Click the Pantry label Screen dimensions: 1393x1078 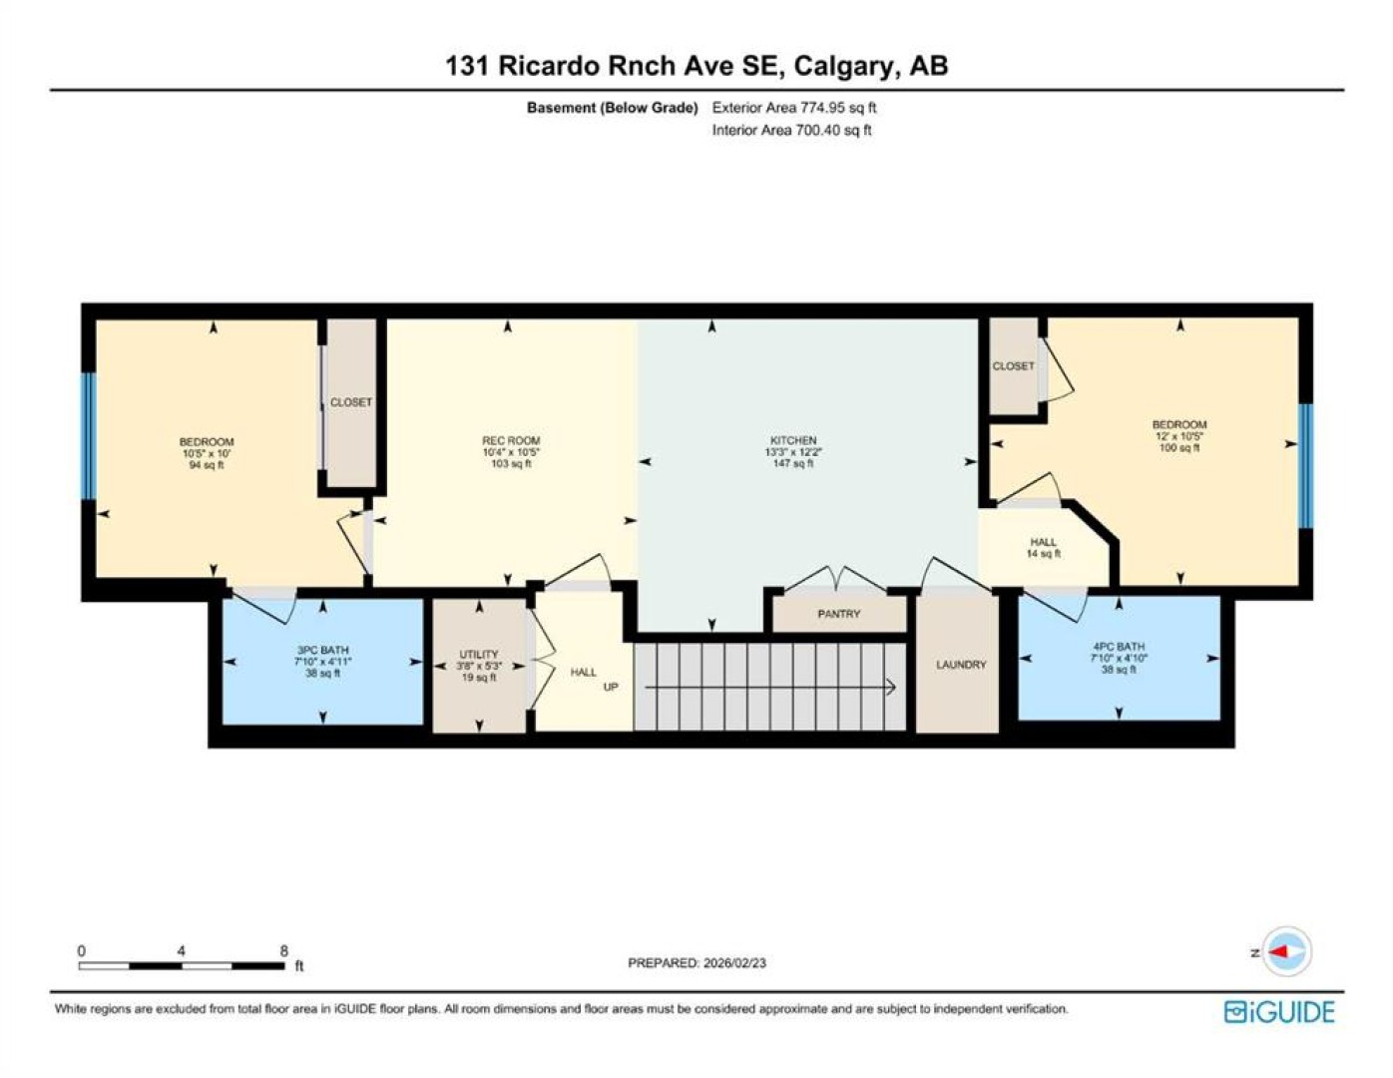[838, 614]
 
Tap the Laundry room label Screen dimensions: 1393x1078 [960, 665]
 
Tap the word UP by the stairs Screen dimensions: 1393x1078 [611, 687]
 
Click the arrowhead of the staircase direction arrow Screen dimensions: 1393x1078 [891, 688]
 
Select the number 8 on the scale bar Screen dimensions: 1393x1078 [283, 950]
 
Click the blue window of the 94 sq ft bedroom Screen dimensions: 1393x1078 [89, 435]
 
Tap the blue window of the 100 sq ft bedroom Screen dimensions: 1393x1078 [1305, 465]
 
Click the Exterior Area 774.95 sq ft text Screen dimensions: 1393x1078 [794, 108]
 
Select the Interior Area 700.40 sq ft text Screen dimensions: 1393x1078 [791, 130]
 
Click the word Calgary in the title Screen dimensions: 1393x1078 [842, 67]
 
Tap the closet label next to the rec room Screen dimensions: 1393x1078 [350, 402]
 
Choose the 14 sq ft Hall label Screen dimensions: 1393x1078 [1043, 548]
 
